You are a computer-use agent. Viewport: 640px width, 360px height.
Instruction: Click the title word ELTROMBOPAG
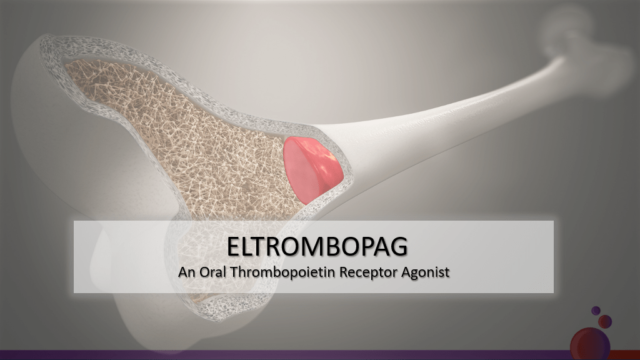pyautogui.click(x=317, y=246)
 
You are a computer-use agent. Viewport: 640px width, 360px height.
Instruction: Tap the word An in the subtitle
pyautogui.click(x=186, y=272)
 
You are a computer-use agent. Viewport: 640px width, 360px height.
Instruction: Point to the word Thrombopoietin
pyautogui.click(x=283, y=272)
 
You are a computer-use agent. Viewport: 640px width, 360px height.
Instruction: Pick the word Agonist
pyautogui.click(x=425, y=272)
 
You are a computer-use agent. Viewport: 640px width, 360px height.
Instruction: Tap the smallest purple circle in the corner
pyautogui.click(x=596, y=311)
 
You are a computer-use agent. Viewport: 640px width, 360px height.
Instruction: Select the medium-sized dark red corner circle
pyautogui.click(x=605, y=322)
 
